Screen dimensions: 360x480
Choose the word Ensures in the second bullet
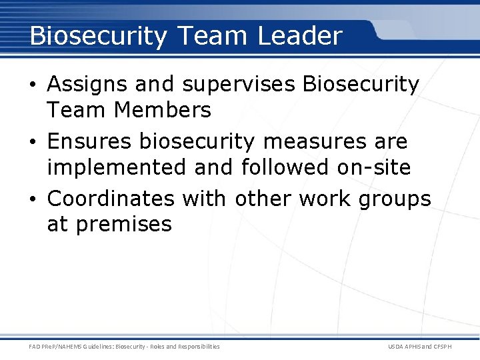tap(90, 142)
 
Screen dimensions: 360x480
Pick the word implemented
tap(116, 167)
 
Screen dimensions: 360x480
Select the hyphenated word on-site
tap(373, 167)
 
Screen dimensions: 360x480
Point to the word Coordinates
tap(114, 199)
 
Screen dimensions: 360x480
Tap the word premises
tap(124, 225)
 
